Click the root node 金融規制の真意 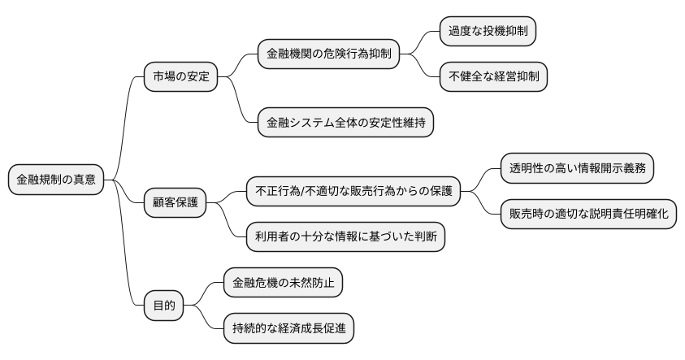tap(56, 180)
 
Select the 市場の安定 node tap(181, 77)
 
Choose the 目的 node tap(163, 307)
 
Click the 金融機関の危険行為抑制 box tap(328, 54)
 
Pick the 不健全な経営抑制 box tap(493, 77)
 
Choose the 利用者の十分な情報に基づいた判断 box tap(345, 236)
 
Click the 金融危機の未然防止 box tap(283, 283)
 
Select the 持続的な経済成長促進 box tap(289, 329)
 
